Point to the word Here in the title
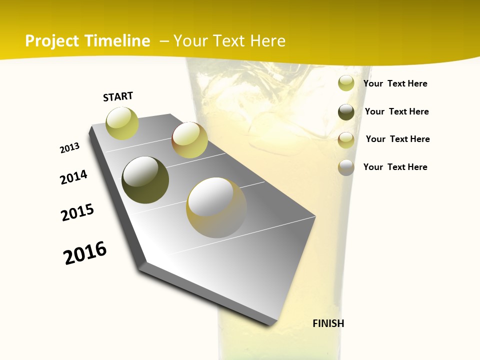[x=267, y=41]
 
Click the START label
[x=118, y=96]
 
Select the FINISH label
[x=328, y=323]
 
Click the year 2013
[x=70, y=147]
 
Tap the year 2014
[x=74, y=177]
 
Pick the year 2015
[x=77, y=212]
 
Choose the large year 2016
[x=85, y=253]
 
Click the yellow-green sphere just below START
[x=122, y=123]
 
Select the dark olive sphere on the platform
[x=145, y=180]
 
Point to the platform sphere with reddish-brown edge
[x=189, y=140]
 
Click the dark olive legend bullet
[x=346, y=112]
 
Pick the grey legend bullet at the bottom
[x=346, y=167]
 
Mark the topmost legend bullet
[x=346, y=83]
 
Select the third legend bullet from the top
[x=346, y=140]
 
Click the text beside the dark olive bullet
[x=397, y=111]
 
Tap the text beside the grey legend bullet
[x=395, y=167]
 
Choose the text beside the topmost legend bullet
[x=395, y=83]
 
